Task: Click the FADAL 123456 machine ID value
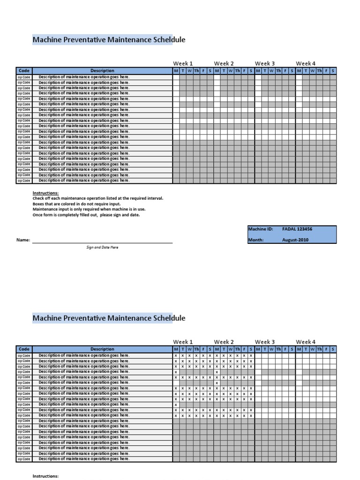[x=297, y=229]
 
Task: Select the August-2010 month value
[x=295, y=240]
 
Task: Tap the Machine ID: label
[x=260, y=229]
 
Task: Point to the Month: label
[x=256, y=240]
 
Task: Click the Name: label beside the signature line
[x=23, y=240]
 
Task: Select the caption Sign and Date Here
[x=102, y=247]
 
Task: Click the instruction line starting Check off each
[x=97, y=198]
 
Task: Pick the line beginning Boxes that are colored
[x=76, y=204]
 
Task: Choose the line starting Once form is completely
[x=86, y=215]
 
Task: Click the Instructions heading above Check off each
[x=45, y=193]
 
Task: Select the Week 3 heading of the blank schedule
[x=265, y=63]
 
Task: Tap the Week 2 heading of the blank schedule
[x=224, y=63]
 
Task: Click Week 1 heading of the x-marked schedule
[x=183, y=342]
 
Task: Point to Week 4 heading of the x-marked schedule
[x=306, y=342]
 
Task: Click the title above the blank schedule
[x=109, y=40]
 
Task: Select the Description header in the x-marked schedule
[x=102, y=349]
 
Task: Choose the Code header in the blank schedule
[x=24, y=71]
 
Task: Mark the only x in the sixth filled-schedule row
[x=217, y=383]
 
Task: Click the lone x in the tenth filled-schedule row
[x=176, y=405]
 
